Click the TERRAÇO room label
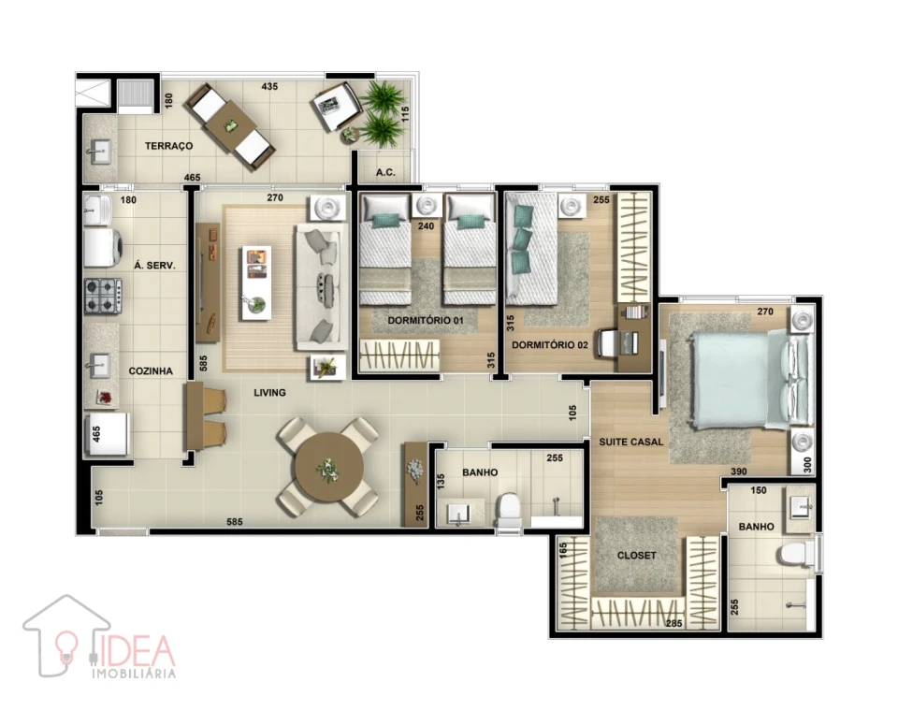168,147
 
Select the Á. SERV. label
155,266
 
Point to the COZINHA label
151,371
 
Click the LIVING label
269,393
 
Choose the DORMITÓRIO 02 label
550,345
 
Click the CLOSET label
637,556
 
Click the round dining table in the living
328,468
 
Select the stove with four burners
103,297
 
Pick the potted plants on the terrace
381,112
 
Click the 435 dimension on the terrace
269,87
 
